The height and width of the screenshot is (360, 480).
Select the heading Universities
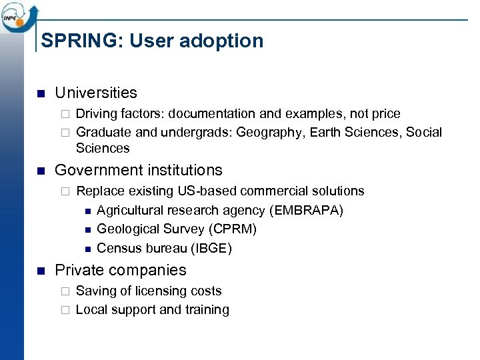coord(96,93)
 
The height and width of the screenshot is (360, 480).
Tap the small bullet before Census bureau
coord(87,249)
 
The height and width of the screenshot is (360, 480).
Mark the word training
coord(207,309)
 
